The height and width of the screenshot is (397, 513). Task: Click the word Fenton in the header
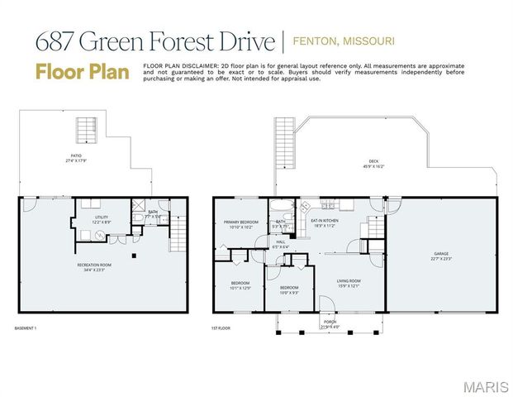(x=318, y=41)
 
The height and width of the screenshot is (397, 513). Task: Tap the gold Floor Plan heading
(x=83, y=72)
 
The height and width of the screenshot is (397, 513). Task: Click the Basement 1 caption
(x=27, y=328)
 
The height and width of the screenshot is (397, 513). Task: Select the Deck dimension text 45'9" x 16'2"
(x=373, y=166)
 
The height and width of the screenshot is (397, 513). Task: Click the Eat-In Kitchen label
(x=324, y=221)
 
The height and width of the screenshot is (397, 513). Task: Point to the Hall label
(x=281, y=242)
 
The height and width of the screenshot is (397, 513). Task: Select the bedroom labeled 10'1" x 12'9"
(x=240, y=287)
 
